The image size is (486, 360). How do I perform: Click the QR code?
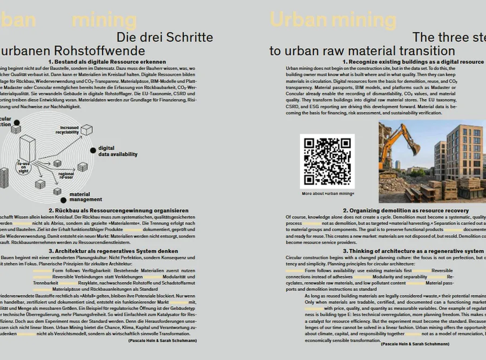[x=327, y=161]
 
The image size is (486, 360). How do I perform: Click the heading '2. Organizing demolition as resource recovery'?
[x=413, y=210]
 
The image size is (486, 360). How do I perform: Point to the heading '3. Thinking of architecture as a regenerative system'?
[x=413, y=252]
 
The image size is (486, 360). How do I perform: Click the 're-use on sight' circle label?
[x=23, y=167]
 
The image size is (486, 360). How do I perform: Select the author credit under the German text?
[x=163, y=341]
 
